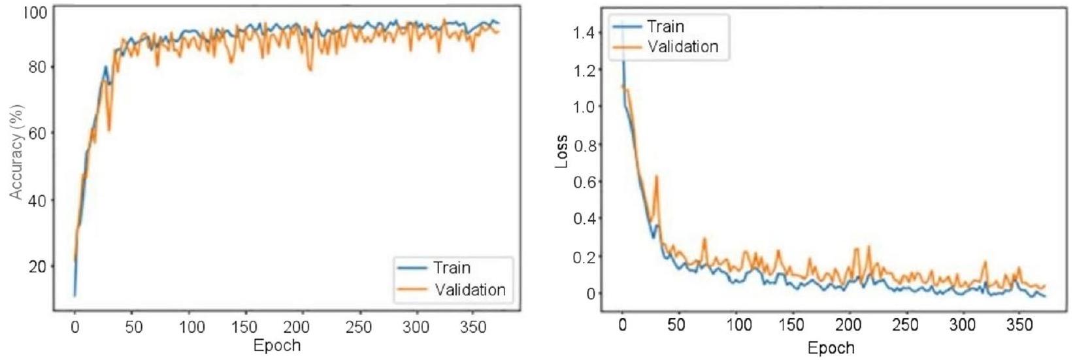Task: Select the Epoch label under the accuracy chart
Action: pyautogui.click(x=277, y=344)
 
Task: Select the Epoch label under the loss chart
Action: pyautogui.click(x=831, y=347)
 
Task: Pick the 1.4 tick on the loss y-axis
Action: pyautogui.click(x=585, y=32)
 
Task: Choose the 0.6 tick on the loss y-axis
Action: pyautogui.click(x=585, y=181)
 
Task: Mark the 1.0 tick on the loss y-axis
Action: pyautogui.click(x=585, y=106)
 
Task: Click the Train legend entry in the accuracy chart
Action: pyautogui.click(x=451, y=268)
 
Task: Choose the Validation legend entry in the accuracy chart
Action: pyautogui.click(x=469, y=289)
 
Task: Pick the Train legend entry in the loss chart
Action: pyautogui.click(x=665, y=26)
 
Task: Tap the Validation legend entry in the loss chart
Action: pyautogui.click(x=682, y=47)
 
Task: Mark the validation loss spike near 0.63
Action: pyautogui.click(x=656, y=176)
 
